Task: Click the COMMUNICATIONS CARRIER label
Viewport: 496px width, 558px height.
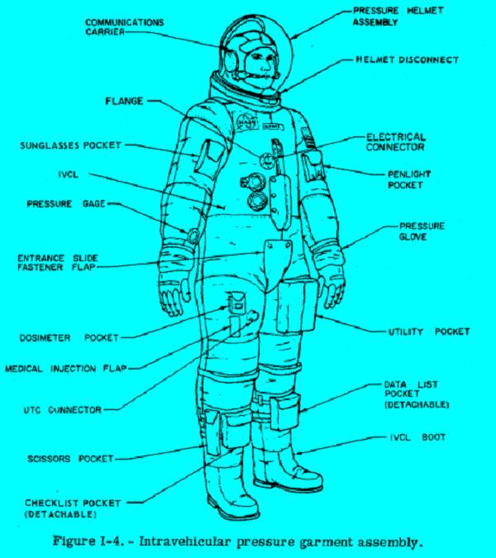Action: click(125, 27)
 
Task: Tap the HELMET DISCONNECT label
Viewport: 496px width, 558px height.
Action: click(407, 60)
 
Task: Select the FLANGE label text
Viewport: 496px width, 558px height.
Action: click(124, 102)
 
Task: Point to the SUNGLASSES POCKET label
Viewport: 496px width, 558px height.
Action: click(71, 145)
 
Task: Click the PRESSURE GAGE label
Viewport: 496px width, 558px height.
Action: click(66, 204)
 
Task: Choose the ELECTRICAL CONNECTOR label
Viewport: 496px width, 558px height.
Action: click(396, 142)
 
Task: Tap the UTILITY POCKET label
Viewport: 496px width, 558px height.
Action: click(429, 331)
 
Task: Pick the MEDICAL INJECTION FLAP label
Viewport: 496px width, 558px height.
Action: click(66, 369)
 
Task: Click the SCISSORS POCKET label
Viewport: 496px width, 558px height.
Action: click(70, 459)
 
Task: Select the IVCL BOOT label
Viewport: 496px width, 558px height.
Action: click(417, 437)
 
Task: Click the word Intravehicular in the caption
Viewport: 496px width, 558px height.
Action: click(184, 542)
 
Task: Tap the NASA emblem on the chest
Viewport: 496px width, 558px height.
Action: click(247, 122)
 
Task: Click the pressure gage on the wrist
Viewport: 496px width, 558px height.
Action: click(193, 236)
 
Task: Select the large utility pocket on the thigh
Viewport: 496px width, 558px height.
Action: click(296, 306)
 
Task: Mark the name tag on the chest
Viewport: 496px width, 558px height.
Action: click(274, 126)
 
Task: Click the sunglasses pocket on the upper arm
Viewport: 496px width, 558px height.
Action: click(209, 156)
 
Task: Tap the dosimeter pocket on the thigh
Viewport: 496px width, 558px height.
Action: click(236, 303)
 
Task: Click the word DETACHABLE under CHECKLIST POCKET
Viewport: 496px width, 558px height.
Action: click(60, 514)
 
